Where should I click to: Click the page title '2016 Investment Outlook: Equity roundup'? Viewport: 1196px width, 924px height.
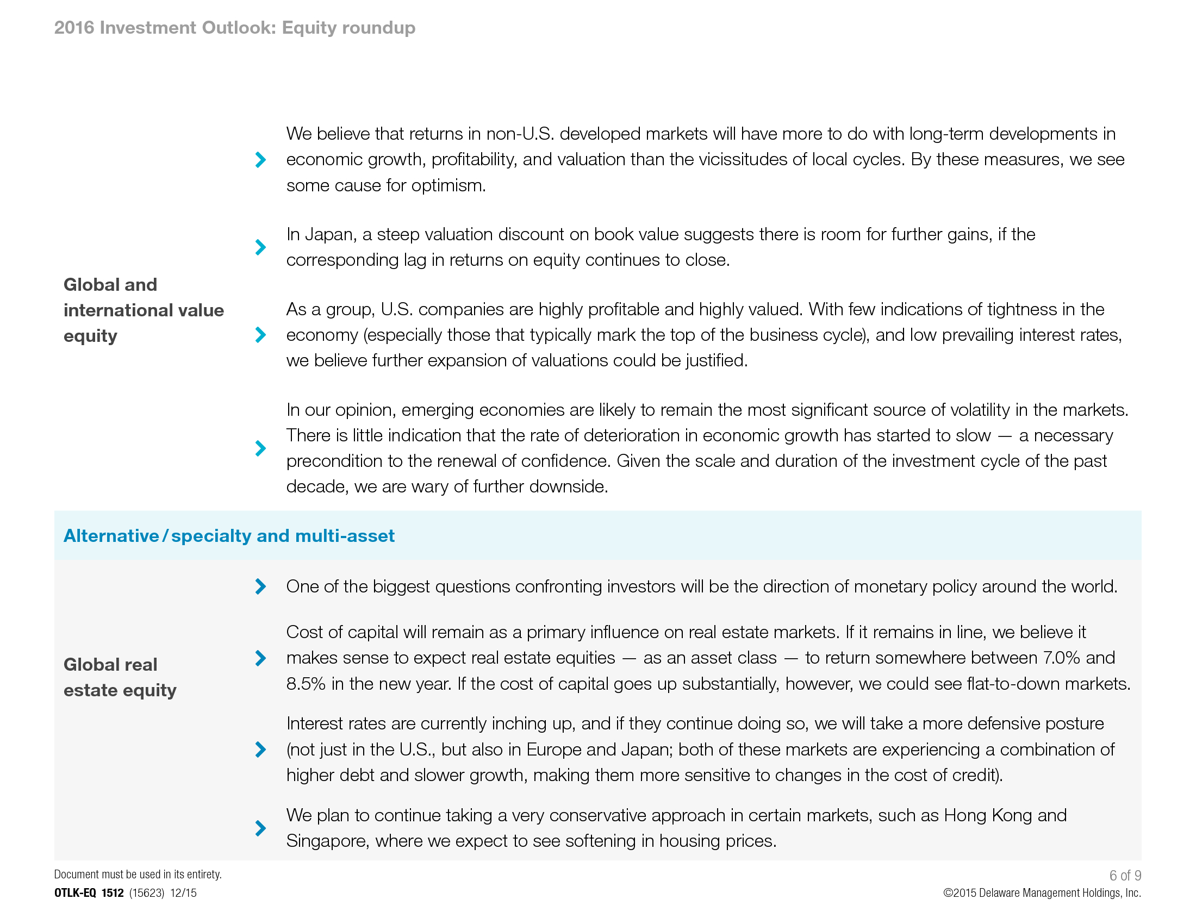coord(234,27)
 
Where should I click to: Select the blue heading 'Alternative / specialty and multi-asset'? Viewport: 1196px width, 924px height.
coord(229,535)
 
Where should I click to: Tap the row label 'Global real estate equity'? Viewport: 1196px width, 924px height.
coord(120,677)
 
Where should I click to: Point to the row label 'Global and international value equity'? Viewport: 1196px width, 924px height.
coord(144,310)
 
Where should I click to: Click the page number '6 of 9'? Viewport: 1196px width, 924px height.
coord(1125,875)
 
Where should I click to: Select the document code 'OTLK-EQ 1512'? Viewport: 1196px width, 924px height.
coord(89,893)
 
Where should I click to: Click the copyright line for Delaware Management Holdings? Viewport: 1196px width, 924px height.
coord(1042,893)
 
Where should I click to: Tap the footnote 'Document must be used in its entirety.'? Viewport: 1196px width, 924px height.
coord(138,874)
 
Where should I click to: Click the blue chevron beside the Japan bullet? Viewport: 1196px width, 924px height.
coord(260,247)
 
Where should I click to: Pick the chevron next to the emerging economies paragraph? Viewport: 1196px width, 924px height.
coord(260,448)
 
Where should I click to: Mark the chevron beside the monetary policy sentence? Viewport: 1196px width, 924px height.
coord(260,586)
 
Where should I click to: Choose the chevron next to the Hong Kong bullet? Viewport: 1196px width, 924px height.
coord(260,828)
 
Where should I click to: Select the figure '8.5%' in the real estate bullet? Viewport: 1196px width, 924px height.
coord(306,684)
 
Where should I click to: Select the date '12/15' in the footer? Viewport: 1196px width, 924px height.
coord(183,893)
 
